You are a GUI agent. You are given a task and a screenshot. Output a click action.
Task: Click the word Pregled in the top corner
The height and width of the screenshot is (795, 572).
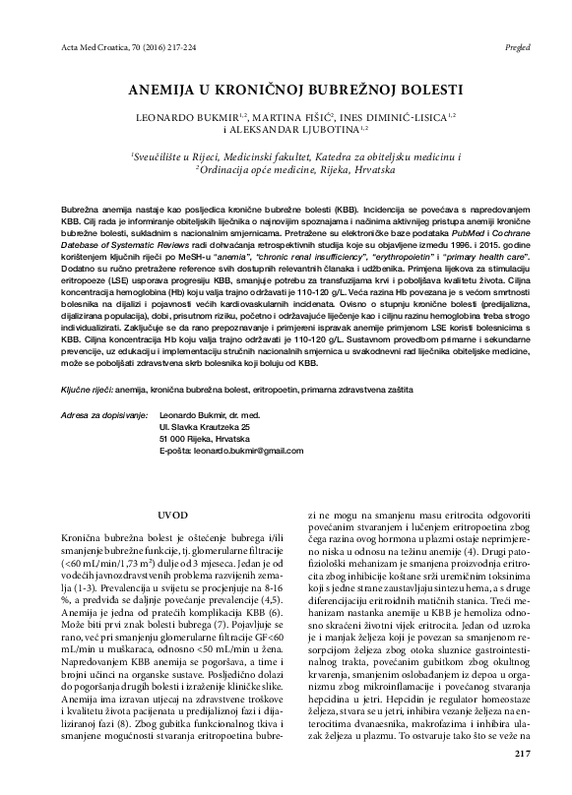520,46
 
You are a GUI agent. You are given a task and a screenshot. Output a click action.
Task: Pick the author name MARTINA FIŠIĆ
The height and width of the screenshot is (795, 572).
302,115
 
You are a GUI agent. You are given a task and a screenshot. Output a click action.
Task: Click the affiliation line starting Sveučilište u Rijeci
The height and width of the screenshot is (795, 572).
296,155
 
